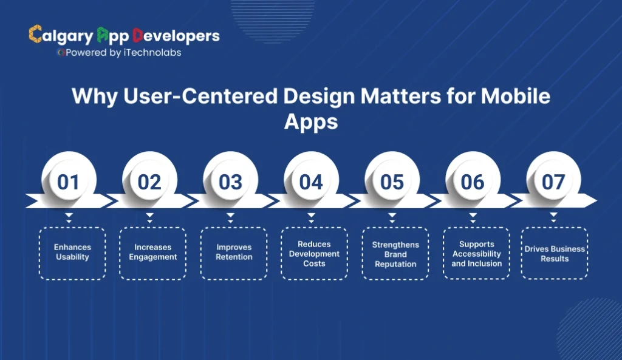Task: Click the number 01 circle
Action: click(x=69, y=182)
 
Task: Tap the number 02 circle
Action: click(x=149, y=182)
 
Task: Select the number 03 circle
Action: click(x=230, y=182)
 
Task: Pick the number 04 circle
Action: click(x=311, y=182)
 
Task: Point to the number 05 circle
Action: click(x=392, y=182)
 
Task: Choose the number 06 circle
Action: click(x=473, y=182)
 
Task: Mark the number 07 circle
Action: click(x=553, y=182)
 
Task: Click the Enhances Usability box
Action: click(x=72, y=253)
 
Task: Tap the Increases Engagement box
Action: click(x=152, y=253)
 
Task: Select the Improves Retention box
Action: click(x=234, y=253)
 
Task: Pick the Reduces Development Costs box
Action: click(x=315, y=254)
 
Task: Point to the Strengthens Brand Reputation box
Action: click(x=395, y=254)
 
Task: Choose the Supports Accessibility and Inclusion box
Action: click(x=476, y=254)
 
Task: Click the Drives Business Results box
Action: click(x=555, y=254)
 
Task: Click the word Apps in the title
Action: click(x=310, y=121)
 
